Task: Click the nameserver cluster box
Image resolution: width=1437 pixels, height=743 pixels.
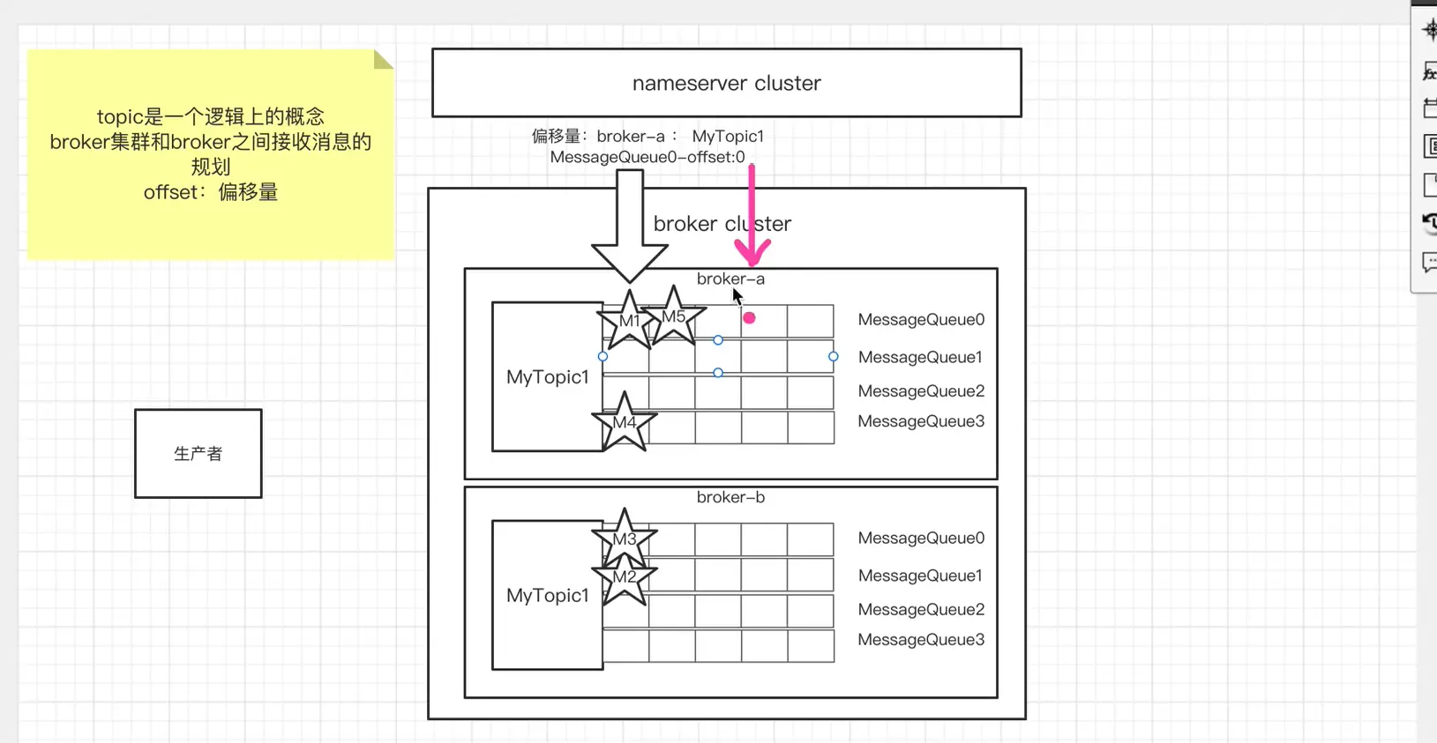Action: tap(726, 83)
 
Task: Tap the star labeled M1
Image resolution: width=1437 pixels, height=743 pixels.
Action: tap(629, 321)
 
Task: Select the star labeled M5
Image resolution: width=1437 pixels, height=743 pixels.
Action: tap(673, 316)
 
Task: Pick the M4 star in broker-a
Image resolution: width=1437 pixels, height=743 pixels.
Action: tap(625, 423)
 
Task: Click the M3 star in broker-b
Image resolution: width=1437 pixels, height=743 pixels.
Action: tap(625, 539)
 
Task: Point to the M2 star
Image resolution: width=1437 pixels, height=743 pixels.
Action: tap(625, 577)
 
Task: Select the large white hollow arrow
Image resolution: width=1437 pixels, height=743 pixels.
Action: tap(629, 229)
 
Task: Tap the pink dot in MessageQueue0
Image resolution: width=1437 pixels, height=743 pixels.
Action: tap(749, 318)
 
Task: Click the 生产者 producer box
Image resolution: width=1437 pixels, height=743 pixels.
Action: tap(198, 453)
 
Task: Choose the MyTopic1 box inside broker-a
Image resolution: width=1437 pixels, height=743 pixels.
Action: tap(547, 377)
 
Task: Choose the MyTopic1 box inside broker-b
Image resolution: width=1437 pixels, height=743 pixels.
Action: tap(547, 596)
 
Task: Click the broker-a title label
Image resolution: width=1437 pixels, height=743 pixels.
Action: tap(730, 279)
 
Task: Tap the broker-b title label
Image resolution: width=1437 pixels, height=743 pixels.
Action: tap(730, 497)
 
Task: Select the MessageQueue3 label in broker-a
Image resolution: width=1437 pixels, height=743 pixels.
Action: tap(921, 421)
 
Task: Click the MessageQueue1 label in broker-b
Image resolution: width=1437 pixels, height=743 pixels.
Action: tap(920, 576)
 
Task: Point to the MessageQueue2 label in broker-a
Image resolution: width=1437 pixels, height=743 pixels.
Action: tap(921, 390)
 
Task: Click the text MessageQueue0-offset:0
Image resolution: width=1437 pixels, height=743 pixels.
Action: tap(647, 157)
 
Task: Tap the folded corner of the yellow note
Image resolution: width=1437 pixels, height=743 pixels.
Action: tap(383, 59)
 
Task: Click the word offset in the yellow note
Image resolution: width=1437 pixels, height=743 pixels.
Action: tap(170, 192)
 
